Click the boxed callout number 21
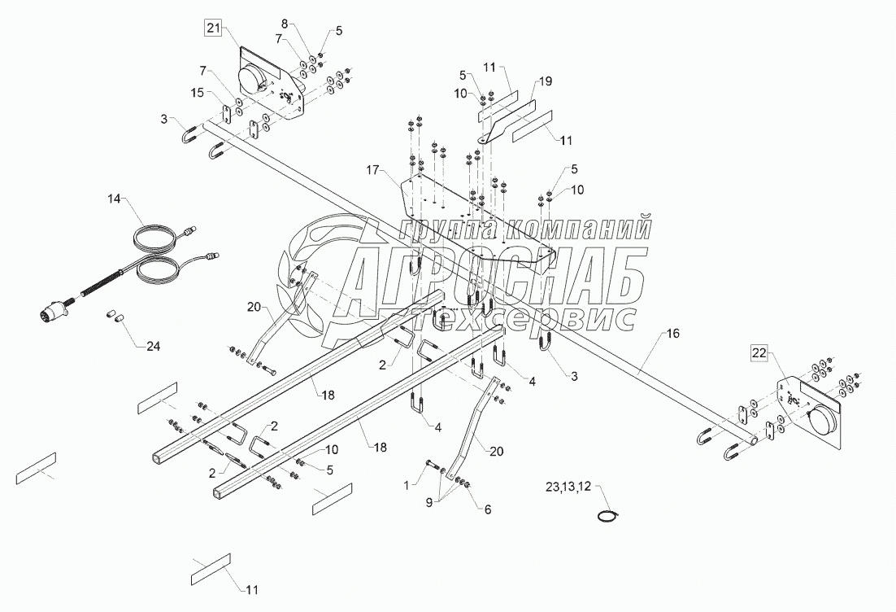point(213,29)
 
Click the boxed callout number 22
point(758,352)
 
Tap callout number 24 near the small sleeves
point(153,346)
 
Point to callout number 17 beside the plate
point(373,170)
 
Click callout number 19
point(544,81)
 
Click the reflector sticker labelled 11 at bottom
point(211,568)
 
